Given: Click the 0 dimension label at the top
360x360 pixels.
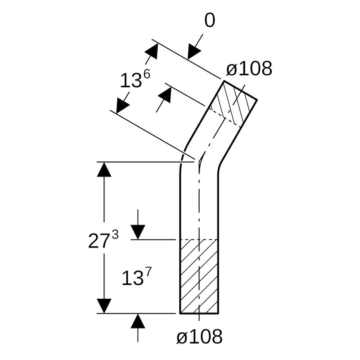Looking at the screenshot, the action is [x=210, y=21].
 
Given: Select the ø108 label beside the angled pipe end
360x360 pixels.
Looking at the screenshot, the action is [x=249, y=69].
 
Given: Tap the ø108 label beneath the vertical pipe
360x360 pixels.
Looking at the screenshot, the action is [x=199, y=336].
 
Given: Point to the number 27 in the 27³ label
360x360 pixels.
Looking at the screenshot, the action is [x=99, y=242].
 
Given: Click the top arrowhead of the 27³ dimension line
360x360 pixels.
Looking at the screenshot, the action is [x=104, y=170].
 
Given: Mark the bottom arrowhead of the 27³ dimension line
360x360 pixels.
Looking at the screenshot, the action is [x=104, y=306].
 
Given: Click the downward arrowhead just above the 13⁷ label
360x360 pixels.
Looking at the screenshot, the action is [x=138, y=232].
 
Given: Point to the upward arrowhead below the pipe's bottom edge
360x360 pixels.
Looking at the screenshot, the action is [x=138, y=321].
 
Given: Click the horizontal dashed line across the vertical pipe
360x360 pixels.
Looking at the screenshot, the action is [x=199, y=239].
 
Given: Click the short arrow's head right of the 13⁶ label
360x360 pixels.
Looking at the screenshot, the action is [x=166, y=94].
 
